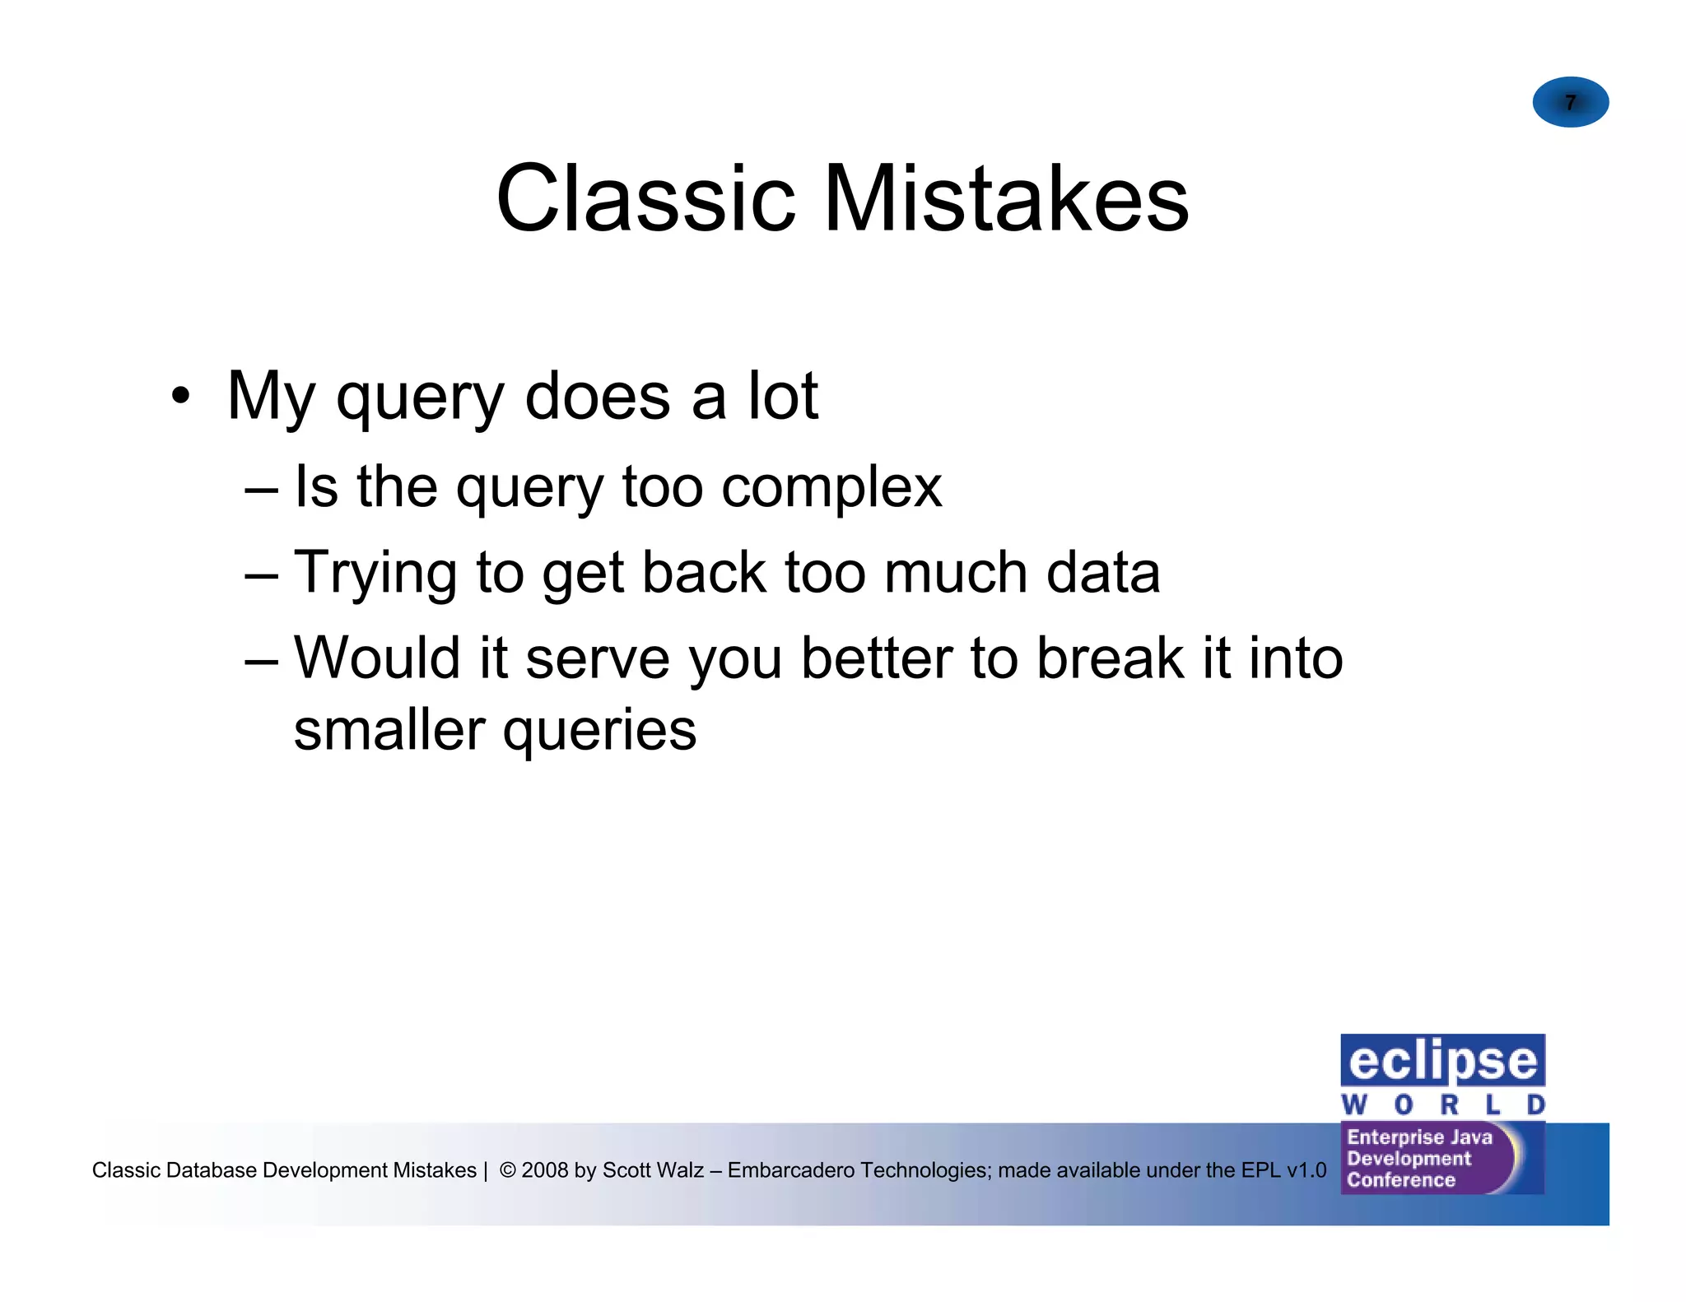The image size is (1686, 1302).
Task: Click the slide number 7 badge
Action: tap(1570, 102)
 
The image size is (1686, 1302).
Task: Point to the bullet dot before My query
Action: tap(180, 396)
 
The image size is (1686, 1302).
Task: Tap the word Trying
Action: tap(375, 574)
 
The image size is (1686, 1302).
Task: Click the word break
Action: tap(1109, 658)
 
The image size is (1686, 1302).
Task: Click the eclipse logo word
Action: tap(1442, 1062)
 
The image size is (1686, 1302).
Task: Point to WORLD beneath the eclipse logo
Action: tap(1442, 1104)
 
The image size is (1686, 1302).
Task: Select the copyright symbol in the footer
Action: tap(508, 1169)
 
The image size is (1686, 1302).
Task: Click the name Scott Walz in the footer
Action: tap(653, 1169)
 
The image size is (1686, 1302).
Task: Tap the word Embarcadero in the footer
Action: tap(791, 1169)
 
